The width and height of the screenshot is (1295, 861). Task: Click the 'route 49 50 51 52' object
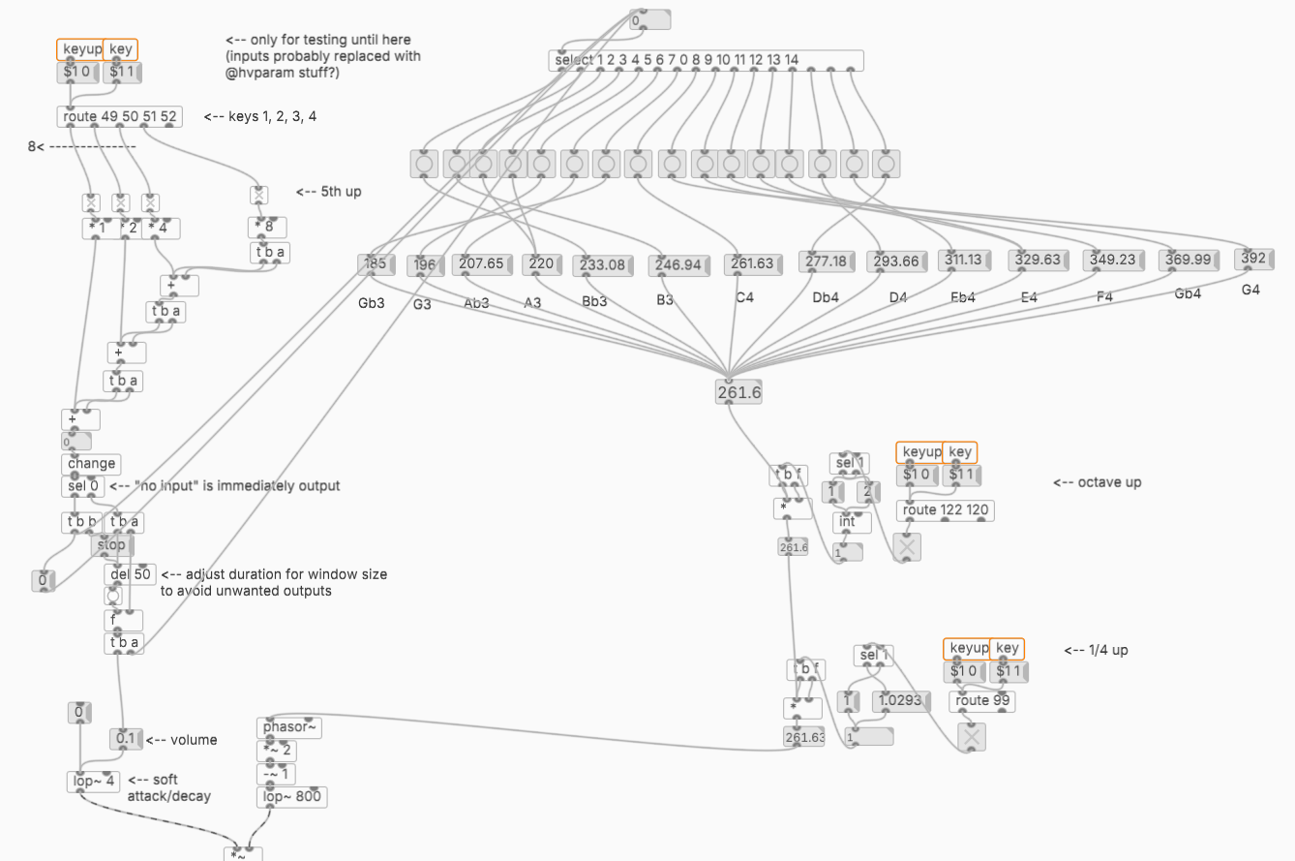point(118,117)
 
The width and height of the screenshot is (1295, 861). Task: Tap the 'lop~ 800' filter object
point(291,797)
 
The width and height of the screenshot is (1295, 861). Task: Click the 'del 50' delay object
point(130,574)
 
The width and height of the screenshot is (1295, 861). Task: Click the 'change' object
point(92,464)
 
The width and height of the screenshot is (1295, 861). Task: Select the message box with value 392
point(1253,259)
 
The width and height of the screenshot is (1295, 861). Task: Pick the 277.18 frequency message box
point(825,261)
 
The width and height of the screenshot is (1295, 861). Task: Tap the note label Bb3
point(594,301)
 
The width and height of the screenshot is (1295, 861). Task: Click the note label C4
point(743,297)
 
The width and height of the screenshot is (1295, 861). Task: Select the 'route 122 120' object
point(946,510)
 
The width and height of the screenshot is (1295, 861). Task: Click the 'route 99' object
point(981,701)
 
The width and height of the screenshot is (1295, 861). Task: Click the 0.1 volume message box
point(126,740)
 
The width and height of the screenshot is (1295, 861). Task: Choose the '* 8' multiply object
point(266,228)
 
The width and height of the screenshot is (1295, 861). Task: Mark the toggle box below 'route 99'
point(972,738)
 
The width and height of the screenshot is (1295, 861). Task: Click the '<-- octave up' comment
point(1097,481)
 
